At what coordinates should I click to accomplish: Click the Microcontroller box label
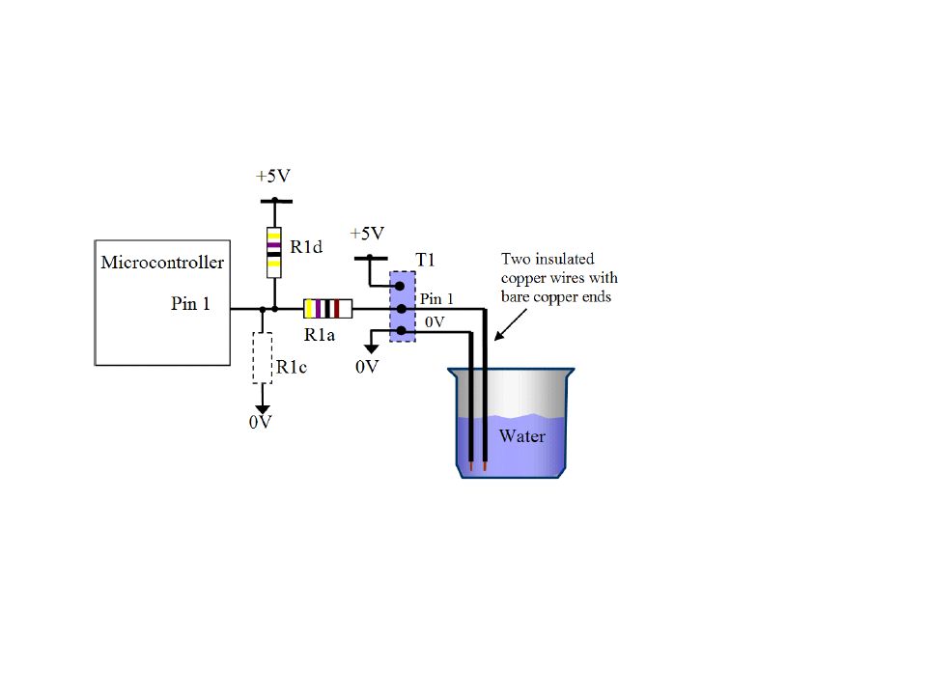point(162,262)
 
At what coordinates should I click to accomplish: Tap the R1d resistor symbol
point(273,252)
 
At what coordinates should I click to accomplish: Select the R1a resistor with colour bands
point(327,309)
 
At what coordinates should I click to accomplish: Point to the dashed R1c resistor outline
point(263,358)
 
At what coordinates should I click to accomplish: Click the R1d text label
point(306,246)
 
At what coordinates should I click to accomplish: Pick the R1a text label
point(320,335)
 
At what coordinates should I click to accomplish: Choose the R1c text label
point(292,367)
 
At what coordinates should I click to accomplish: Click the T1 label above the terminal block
point(425,260)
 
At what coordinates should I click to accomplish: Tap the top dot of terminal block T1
point(400,286)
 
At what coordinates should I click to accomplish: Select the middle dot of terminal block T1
point(402,309)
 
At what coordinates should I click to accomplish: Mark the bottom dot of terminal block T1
point(401,331)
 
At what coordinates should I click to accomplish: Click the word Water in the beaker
point(522,436)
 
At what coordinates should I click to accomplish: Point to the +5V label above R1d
point(273,176)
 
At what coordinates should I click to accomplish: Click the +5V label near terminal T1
point(367,234)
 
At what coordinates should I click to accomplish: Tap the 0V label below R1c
point(260,422)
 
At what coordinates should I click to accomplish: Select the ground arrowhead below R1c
point(263,409)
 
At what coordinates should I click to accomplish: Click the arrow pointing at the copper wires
point(510,324)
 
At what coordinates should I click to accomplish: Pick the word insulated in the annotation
point(565,259)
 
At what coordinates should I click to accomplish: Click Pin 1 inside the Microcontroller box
point(190,303)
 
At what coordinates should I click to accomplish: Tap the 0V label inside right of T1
point(435,322)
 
